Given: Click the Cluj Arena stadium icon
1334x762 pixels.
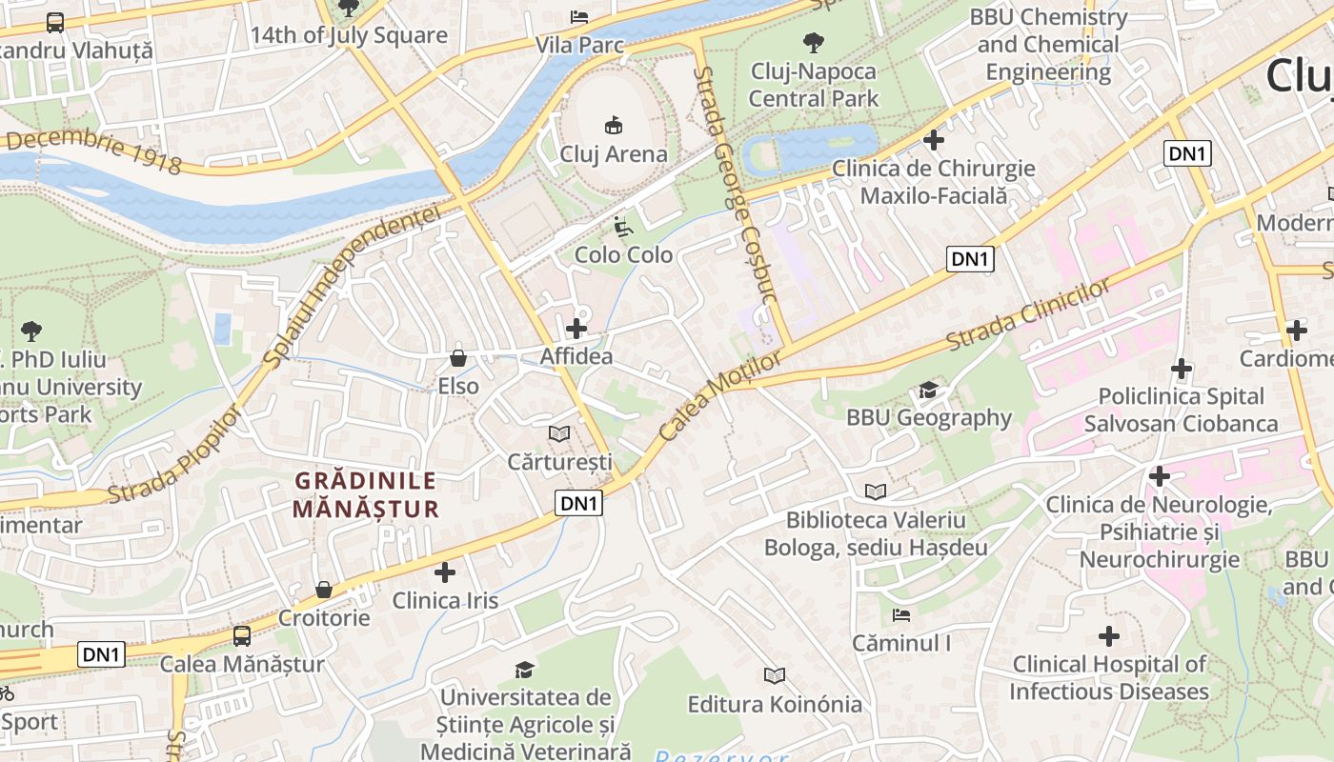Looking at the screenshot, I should [614, 125].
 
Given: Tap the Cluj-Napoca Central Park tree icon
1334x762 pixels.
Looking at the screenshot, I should [813, 42].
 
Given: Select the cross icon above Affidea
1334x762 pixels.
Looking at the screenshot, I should [576, 329].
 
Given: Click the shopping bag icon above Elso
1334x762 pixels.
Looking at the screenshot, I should [458, 358].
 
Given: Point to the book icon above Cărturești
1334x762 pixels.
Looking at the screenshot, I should [559, 433].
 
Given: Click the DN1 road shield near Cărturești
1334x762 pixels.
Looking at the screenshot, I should [579, 504].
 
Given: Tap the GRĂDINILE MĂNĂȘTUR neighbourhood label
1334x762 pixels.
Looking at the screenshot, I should [365, 495].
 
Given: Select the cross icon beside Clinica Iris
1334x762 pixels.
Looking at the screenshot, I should [445, 572].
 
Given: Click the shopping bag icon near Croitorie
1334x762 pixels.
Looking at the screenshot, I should [324, 590].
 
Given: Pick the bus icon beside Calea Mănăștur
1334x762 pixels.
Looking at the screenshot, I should [242, 635].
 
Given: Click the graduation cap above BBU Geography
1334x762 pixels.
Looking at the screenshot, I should [928, 390].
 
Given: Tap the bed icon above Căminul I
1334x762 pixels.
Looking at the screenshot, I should [900, 615].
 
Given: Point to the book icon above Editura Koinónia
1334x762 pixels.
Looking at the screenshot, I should [775, 675].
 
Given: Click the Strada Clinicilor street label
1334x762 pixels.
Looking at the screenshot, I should [1029, 314].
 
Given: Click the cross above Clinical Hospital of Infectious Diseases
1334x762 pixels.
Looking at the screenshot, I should [1109, 635].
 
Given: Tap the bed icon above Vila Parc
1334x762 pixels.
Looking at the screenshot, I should [578, 16].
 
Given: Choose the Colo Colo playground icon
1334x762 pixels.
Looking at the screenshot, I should [622, 227].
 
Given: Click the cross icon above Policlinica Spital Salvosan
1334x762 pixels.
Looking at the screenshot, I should [1182, 368].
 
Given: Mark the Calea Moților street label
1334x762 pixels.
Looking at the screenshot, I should [719, 397].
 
